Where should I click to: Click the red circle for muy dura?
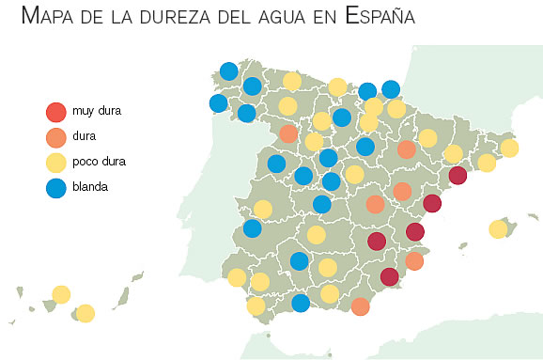56,112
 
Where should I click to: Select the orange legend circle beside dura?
56,137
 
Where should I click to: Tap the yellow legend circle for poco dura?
56,163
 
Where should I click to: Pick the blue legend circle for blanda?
56,188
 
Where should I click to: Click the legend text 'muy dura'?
97,111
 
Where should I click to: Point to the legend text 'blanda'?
90,187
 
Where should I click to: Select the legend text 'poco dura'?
99,162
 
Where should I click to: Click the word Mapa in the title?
48,16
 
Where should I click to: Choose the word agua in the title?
282,17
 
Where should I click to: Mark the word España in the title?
380,16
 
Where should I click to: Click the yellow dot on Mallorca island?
498,229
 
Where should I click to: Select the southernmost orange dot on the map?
361,306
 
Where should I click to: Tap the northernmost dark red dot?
458,176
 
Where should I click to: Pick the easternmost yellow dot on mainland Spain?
509,148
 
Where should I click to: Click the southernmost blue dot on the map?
301,303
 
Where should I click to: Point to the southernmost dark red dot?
390,277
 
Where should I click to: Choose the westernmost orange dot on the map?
288,133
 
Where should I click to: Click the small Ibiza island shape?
463,246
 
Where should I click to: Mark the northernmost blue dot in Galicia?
229,71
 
